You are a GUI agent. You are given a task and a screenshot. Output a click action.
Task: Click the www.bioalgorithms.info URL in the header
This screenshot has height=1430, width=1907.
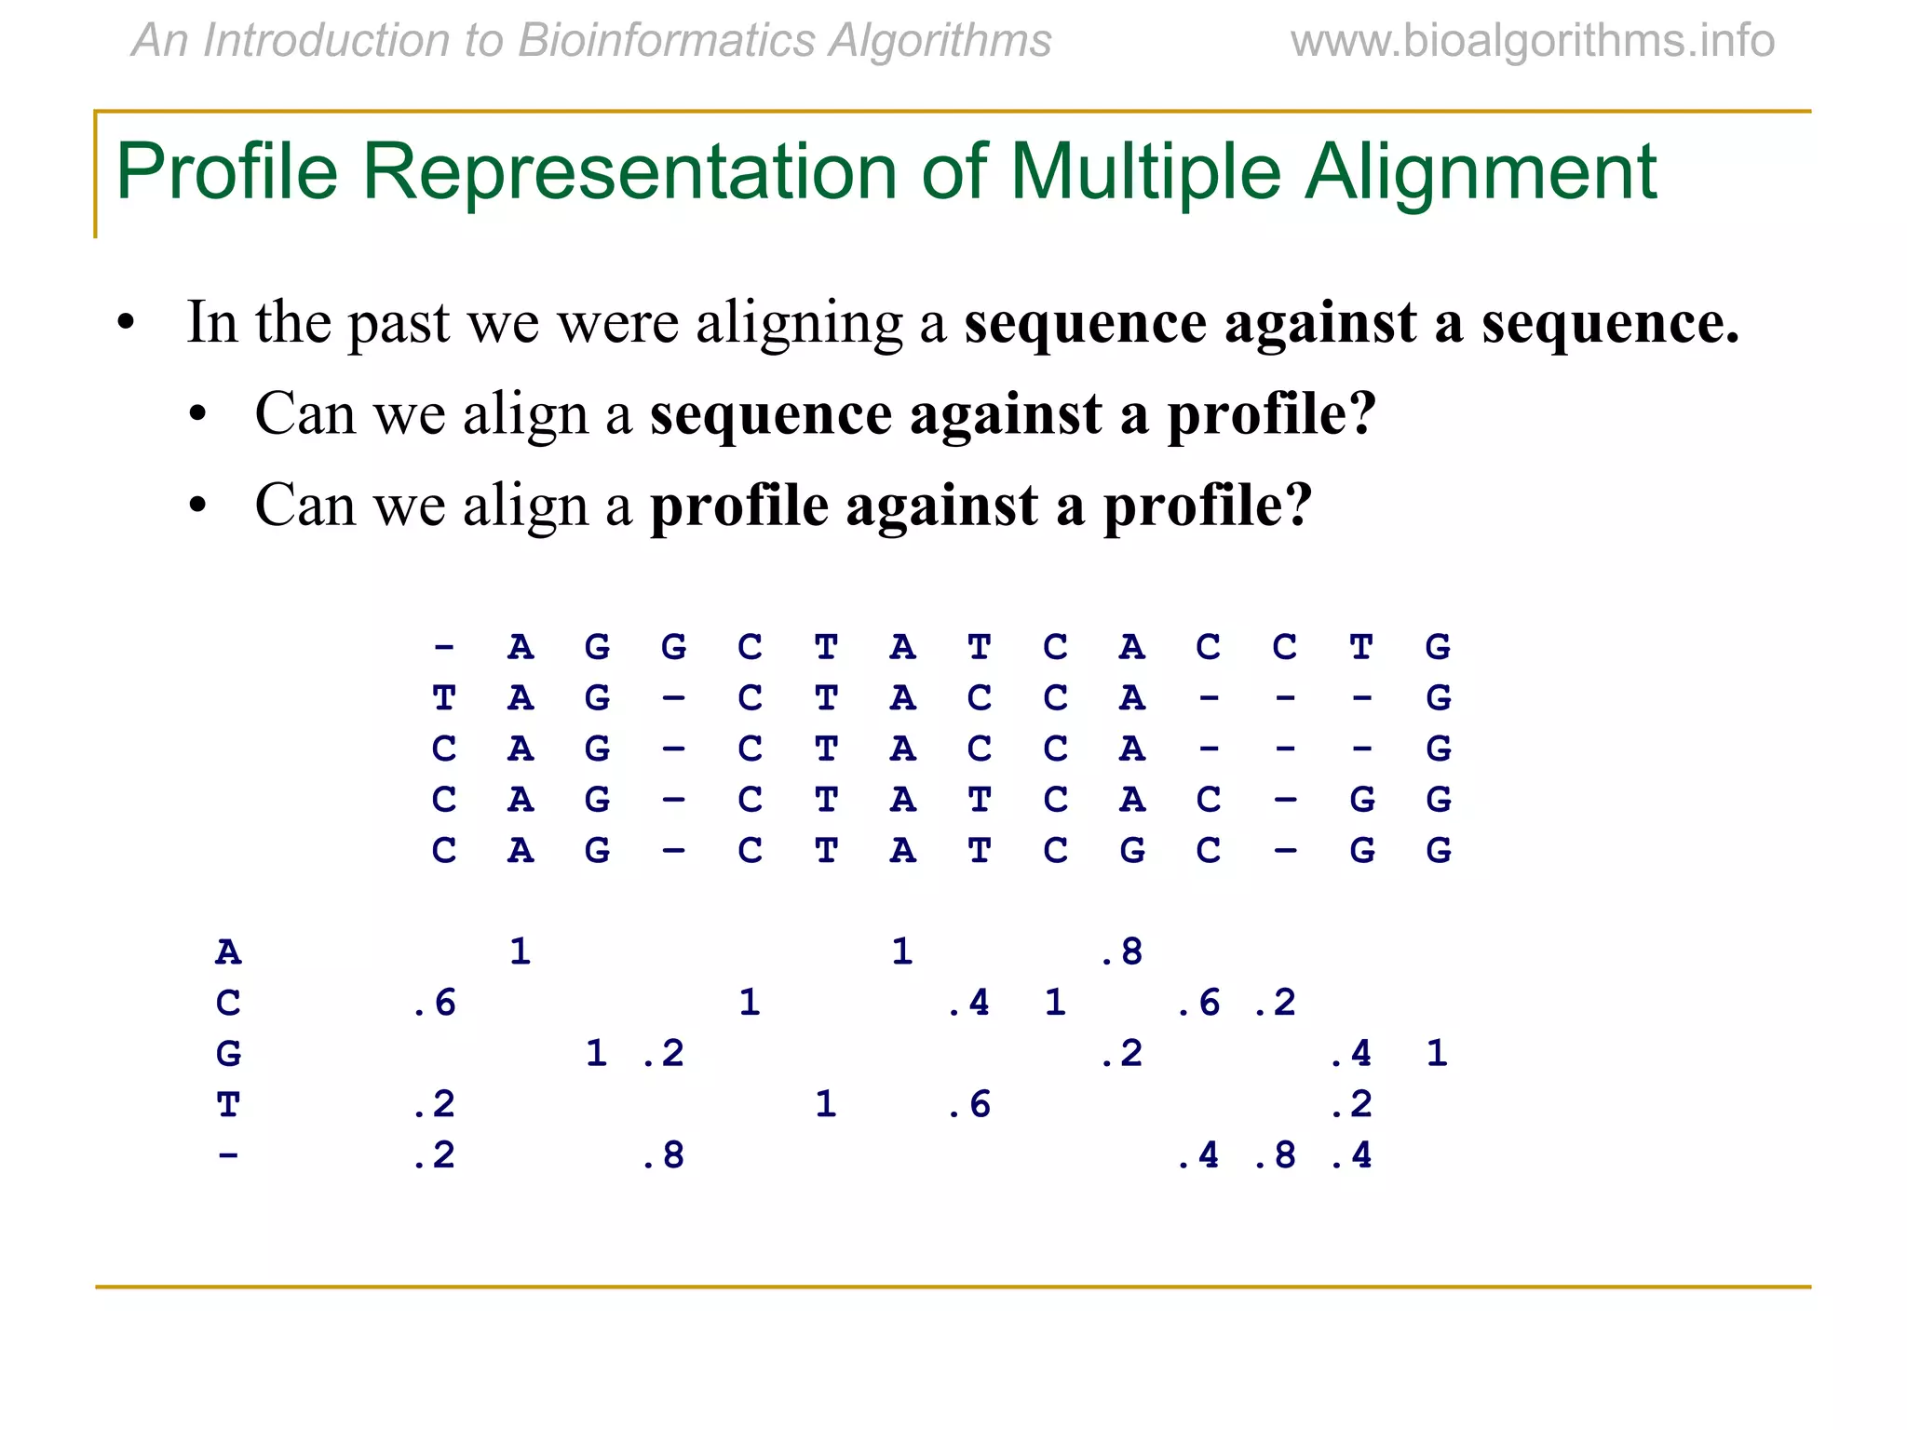[x=1532, y=41]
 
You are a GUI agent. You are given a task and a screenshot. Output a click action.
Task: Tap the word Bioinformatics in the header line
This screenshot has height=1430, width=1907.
[x=665, y=41]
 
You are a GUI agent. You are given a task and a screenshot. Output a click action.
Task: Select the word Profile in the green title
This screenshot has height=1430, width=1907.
[x=226, y=171]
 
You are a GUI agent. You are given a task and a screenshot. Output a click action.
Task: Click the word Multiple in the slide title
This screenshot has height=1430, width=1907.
[x=1145, y=171]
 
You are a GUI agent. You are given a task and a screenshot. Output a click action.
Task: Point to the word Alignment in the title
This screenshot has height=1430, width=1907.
[x=1481, y=171]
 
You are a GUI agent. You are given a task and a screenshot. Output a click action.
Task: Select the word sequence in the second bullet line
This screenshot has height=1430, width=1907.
[x=771, y=414]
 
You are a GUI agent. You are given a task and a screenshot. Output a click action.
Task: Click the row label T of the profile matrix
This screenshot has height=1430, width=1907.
[x=228, y=1105]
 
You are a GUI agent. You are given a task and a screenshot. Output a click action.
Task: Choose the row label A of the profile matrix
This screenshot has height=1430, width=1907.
[x=228, y=952]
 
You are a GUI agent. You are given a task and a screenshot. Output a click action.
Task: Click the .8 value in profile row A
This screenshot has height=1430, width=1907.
[x=1122, y=952]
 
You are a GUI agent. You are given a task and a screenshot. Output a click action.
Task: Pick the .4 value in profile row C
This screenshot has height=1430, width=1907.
[x=969, y=1004]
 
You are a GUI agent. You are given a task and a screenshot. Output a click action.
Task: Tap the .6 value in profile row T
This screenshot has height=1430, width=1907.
[x=969, y=1105]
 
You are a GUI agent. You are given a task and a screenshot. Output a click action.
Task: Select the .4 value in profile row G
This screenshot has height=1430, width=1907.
[x=1351, y=1054]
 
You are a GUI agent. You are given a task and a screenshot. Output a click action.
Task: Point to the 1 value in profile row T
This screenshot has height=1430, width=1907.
[x=825, y=1105]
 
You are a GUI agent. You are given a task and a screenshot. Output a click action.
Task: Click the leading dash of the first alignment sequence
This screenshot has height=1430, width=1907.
[x=444, y=646]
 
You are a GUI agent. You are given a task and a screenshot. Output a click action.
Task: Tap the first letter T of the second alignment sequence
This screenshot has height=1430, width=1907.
[x=444, y=697]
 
